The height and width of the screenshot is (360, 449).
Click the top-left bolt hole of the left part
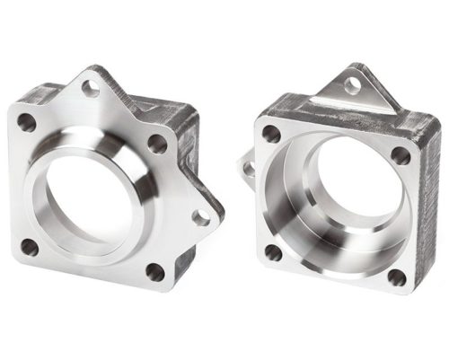click(26, 123)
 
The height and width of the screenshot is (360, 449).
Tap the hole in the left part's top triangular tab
click(91, 88)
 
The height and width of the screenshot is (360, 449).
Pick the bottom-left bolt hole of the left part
click(30, 246)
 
